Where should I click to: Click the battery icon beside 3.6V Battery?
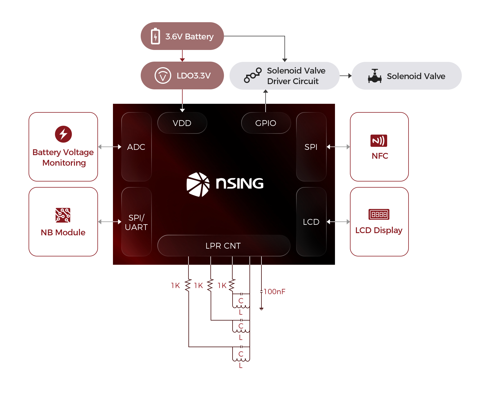[155, 36]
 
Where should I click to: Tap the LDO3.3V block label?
[193, 75]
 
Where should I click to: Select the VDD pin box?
[182, 123]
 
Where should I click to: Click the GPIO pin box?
[266, 123]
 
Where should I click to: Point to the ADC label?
[136, 147]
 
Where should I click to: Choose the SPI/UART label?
[136, 222]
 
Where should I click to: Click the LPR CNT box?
[223, 246]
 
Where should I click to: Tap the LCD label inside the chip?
[311, 222]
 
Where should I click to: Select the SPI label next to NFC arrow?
[311, 147]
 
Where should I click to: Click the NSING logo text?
[240, 183]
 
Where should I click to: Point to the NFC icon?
[379, 141]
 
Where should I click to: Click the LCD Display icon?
[379, 215]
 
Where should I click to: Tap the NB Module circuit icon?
[63, 215]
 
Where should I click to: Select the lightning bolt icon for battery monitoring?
[63, 134]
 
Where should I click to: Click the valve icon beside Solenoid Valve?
[375, 76]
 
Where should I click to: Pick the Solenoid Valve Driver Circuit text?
[296, 76]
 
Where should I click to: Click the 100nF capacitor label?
[274, 292]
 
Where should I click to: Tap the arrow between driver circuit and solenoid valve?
[346, 76]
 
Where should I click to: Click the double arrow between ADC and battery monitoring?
[110, 147]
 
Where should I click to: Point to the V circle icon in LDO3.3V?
[163, 75]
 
